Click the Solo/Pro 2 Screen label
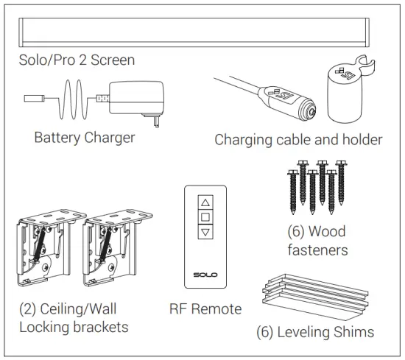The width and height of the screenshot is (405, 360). [x=77, y=60]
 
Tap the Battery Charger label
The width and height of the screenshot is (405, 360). [x=85, y=138]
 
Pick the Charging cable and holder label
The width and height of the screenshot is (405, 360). [x=298, y=139]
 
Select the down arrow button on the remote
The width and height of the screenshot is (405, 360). [x=205, y=232]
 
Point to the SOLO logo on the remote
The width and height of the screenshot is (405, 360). [x=205, y=275]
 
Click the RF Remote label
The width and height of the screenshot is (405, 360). [x=205, y=308]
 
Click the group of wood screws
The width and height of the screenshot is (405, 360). [x=317, y=187]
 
